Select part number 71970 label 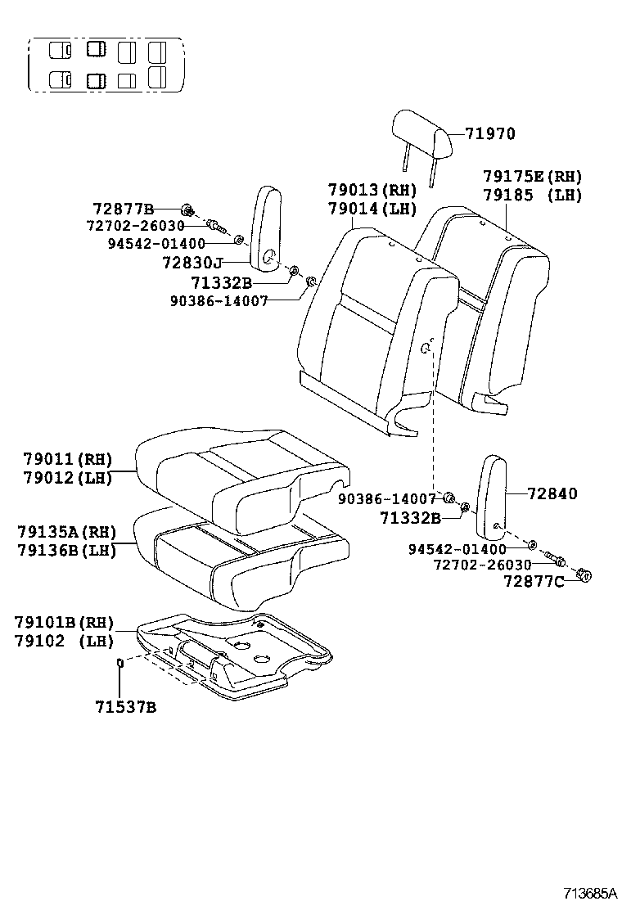click(x=491, y=134)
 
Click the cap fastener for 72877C click(x=584, y=575)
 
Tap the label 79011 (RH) click(x=67, y=459)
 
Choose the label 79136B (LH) click(x=66, y=550)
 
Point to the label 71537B click(x=123, y=706)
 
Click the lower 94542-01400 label click(x=457, y=548)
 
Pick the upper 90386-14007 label click(x=219, y=300)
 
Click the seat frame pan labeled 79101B click(x=237, y=655)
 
